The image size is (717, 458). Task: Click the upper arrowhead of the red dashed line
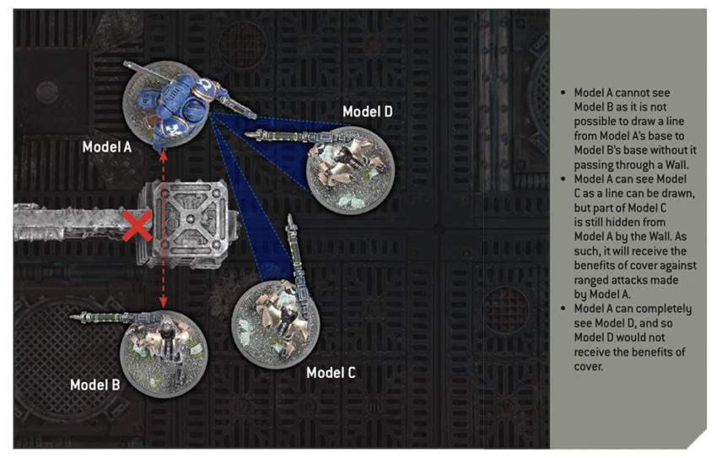(x=164, y=155)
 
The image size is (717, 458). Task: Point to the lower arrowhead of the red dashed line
(x=164, y=302)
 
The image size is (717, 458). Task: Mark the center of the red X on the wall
(x=137, y=226)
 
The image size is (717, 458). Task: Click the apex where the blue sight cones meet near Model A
(x=210, y=114)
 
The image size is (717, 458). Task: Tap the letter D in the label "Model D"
(x=388, y=111)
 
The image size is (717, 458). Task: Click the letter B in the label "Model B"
(x=116, y=385)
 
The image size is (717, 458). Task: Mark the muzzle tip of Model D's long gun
(x=246, y=134)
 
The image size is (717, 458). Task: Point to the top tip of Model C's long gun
(x=289, y=216)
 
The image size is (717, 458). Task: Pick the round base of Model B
(x=164, y=353)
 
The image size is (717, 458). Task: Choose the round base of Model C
(x=275, y=324)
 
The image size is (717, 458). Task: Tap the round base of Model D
(x=350, y=170)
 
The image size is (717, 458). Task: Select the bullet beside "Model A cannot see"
(x=563, y=93)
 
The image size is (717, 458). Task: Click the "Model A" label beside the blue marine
(x=107, y=147)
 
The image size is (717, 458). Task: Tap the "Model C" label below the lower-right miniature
(x=331, y=373)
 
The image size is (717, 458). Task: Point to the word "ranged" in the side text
(x=590, y=281)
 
